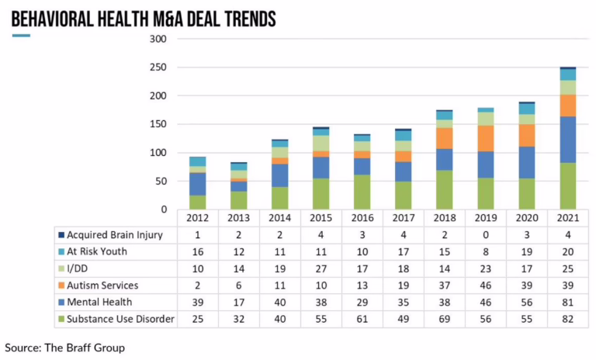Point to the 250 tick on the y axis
(158, 67)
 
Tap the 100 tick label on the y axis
(158, 153)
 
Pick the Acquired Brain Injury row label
(115, 235)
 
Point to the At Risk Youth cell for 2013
(239, 252)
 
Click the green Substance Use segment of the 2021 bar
(567, 186)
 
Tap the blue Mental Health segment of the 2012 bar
(198, 184)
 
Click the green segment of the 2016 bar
(362, 192)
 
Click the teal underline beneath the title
(21, 35)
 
